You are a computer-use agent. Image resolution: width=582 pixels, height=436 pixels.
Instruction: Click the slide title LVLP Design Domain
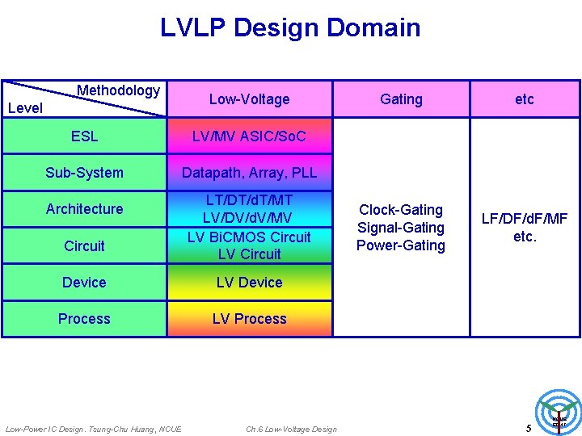coord(290,27)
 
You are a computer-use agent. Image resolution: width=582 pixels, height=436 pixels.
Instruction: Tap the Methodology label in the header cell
coord(118,90)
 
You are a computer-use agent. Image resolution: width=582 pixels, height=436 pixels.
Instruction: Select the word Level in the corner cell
coord(25,108)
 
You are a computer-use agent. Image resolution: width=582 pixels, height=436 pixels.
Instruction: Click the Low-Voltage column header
coord(249,99)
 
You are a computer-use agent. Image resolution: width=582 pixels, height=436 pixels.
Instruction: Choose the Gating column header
coord(401,99)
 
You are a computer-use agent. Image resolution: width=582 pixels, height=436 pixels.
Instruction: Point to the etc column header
coord(525,99)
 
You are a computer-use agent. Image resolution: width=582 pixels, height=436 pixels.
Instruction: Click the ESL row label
coord(84,136)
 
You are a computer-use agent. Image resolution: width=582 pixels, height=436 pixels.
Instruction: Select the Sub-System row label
coord(84,173)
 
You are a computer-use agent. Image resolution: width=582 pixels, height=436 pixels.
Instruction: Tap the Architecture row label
coord(84,209)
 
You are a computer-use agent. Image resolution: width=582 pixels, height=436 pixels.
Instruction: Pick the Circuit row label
coord(84,245)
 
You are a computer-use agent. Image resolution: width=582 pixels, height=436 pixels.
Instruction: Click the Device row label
coord(84,283)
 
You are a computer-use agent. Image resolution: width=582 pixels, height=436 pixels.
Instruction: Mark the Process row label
coord(84,319)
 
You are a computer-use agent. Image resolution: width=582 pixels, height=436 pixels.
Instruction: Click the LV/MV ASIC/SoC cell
coord(249,136)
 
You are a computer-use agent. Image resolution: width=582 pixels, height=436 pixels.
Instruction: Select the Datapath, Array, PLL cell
coord(249,173)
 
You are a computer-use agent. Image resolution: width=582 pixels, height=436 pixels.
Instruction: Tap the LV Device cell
coord(249,283)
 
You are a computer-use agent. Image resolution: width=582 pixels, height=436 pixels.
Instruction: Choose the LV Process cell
coord(249,319)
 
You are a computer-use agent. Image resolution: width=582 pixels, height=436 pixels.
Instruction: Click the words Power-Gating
coord(401,245)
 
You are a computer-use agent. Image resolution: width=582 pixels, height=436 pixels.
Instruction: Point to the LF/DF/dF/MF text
coord(525,219)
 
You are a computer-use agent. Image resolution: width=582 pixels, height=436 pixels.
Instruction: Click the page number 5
coord(529,428)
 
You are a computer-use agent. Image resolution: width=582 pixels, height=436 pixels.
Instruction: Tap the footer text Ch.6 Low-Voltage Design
coord(291,429)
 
